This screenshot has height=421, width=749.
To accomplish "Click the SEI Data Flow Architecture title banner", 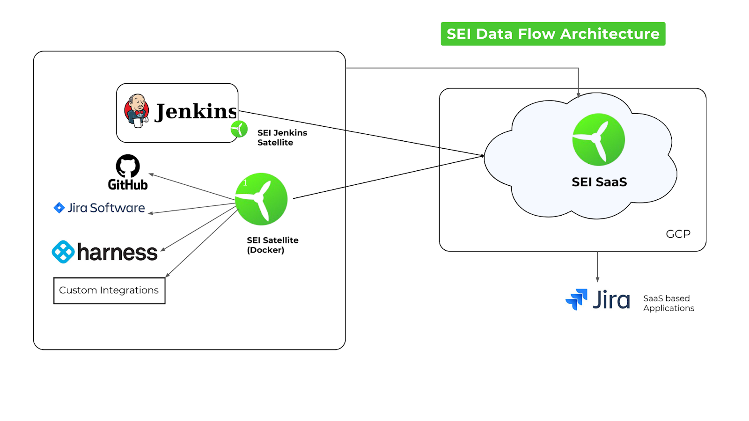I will [x=553, y=34].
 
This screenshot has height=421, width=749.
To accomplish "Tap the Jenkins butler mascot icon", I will [x=136, y=111].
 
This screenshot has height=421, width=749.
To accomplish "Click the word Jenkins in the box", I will [x=196, y=111].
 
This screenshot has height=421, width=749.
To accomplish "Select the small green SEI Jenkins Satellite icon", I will [x=239, y=129].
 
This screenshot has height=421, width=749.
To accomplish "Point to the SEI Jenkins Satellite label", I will [x=282, y=138].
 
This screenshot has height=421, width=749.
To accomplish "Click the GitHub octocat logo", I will [x=128, y=166].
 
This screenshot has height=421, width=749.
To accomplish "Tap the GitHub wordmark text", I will [x=128, y=185].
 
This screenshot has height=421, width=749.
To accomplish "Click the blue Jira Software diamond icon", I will [x=59, y=208].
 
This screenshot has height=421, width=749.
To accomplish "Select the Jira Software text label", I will [x=106, y=208].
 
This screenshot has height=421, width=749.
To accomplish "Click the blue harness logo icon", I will [x=63, y=252].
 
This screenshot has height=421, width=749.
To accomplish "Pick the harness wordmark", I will [x=117, y=253].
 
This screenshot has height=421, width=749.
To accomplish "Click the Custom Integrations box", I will [x=109, y=290].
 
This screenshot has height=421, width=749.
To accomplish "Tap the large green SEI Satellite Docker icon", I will [x=261, y=199].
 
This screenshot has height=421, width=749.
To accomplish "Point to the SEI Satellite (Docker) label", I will [x=272, y=245].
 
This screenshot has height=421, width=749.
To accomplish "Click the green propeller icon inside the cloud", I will [x=598, y=139].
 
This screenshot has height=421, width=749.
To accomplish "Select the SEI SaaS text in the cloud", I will [x=599, y=182].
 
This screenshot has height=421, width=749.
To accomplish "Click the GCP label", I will [x=678, y=234].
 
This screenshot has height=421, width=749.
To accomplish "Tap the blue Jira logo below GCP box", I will [x=576, y=299].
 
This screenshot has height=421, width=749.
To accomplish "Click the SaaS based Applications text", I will [x=668, y=303].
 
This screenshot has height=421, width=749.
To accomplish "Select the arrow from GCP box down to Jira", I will [x=597, y=267].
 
